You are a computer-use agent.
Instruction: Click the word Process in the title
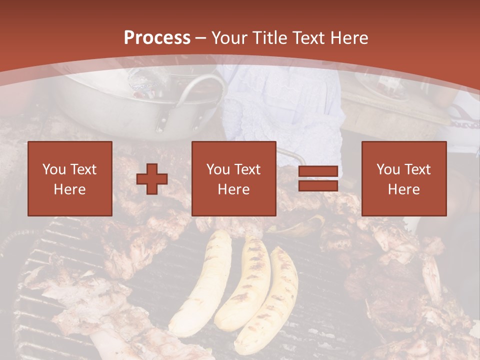pyautogui.click(x=157, y=38)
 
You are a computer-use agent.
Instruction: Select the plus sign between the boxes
pyautogui.click(x=152, y=178)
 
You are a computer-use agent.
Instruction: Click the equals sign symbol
pyautogui.click(x=318, y=178)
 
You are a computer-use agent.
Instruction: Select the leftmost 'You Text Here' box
pyautogui.click(x=69, y=178)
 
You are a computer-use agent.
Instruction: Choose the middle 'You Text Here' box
pyautogui.click(x=233, y=178)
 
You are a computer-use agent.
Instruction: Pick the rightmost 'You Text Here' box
pyautogui.click(x=403, y=178)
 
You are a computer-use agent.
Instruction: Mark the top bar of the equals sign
pyautogui.click(x=318, y=172)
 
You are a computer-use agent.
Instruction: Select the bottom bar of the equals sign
pyautogui.click(x=318, y=185)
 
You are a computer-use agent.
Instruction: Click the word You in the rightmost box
pyautogui.click(x=388, y=169)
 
